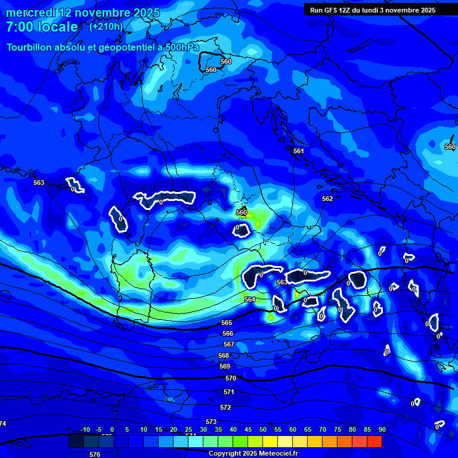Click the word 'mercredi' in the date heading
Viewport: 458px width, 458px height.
30,13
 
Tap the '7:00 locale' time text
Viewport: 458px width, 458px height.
42,27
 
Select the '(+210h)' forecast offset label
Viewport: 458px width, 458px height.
106,26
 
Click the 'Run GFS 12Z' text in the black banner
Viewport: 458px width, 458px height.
330,10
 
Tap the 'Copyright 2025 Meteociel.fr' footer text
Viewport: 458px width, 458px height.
253,454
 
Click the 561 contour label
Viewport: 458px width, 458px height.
299,151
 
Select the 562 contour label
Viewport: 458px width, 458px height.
327,199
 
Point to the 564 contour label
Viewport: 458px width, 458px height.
250,299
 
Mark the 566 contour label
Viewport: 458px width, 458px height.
228,334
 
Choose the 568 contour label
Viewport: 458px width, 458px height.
224,355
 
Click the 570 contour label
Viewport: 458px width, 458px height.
231,378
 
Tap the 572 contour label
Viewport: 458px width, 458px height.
225,407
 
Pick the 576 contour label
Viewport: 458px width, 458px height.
95,454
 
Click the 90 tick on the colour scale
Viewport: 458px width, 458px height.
382,429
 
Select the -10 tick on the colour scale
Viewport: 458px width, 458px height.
85,429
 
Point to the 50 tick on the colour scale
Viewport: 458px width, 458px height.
263,429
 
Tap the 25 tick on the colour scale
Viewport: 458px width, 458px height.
188,429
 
